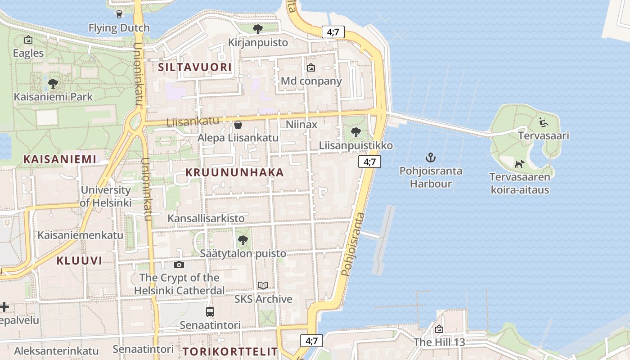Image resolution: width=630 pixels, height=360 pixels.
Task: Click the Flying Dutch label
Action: coord(119,28)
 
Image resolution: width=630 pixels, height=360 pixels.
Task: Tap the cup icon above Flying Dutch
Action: coord(119,14)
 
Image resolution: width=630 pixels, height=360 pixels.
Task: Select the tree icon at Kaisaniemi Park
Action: coord(53,83)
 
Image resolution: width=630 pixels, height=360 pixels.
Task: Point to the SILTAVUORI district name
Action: coord(195,67)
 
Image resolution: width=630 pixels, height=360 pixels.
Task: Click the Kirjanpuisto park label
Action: coord(258,43)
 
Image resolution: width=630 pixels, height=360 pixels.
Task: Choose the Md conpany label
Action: coord(311,81)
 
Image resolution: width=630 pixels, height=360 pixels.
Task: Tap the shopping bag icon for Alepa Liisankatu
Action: coord(238,124)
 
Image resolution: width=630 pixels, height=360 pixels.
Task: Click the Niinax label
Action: coord(301,124)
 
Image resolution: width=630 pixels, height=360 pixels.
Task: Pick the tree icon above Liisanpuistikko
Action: coord(355,132)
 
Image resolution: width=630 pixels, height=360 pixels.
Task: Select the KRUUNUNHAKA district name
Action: coord(234,172)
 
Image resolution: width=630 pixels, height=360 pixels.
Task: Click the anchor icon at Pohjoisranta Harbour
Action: coord(431,157)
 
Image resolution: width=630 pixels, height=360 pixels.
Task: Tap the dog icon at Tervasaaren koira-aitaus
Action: coord(519,164)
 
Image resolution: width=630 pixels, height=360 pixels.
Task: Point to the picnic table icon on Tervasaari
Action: coord(544,122)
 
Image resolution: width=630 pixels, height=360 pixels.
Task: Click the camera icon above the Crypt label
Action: coord(179,265)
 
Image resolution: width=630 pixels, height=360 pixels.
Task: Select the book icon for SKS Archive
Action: coord(263,286)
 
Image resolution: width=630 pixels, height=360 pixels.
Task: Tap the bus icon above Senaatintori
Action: coord(210,311)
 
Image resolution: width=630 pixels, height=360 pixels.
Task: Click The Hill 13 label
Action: coord(439,342)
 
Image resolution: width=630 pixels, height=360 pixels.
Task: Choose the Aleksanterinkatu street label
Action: coord(56,351)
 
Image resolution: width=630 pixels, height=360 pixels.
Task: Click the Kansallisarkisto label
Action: coord(206,218)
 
